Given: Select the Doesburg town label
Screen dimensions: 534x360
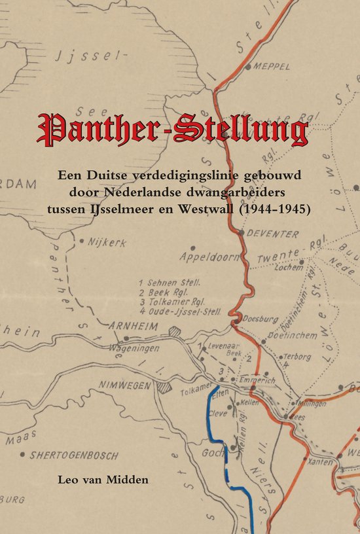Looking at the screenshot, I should [256, 320].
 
